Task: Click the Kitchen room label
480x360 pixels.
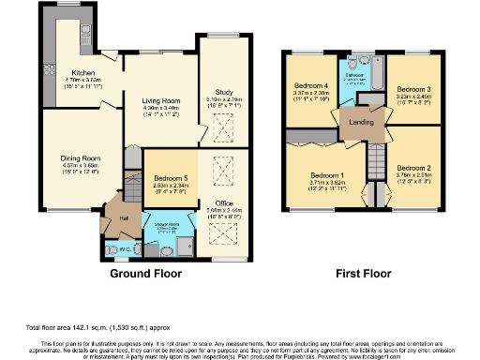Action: click(83, 71)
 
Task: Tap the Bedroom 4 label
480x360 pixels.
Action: click(311, 86)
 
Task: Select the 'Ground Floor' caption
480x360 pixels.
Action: click(146, 275)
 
